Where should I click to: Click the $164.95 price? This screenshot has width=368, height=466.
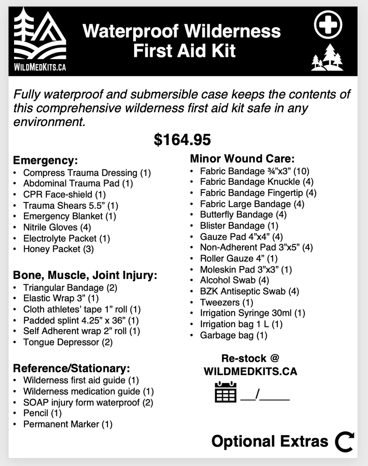click(x=182, y=140)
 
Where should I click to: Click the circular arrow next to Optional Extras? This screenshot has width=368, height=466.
click(x=344, y=441)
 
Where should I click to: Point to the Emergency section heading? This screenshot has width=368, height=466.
click(x=45, y=161)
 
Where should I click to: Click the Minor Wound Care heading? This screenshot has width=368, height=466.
click(x=242, y=159)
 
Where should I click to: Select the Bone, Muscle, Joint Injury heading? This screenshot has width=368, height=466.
click(x=85, y=275)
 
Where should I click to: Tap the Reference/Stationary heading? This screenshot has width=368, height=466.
click(x=71, y=368)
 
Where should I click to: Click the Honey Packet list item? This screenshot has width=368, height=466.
click(x=59, y=249)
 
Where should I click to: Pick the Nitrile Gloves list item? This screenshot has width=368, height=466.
click(x=57, y=227)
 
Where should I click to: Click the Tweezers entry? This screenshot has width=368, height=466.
click(x=227, y=302)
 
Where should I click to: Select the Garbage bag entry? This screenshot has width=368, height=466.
click(x=234, y=335)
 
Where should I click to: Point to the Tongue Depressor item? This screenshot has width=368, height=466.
click(x=68, y=342)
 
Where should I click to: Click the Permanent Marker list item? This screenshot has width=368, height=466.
click(x=68, y=424)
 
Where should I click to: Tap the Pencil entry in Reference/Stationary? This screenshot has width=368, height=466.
click(x=42, y=413)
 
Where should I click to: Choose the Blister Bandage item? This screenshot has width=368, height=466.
click(x=239, y=225)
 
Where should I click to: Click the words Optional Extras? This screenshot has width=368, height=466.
click(x=270, y=441)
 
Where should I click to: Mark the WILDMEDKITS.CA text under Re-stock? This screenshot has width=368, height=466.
click(x=250, y=371)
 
